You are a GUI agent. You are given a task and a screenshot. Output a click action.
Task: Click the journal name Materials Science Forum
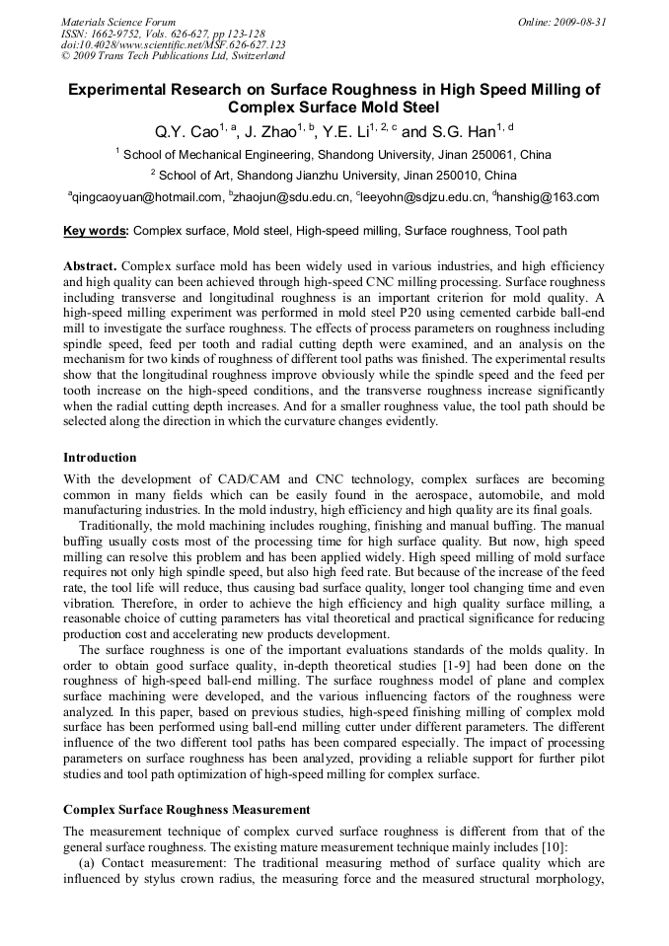click(118, 22)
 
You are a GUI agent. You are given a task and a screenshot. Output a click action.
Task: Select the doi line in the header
click(173, 44)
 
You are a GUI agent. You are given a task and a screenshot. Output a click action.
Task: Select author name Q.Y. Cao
click(186, 132)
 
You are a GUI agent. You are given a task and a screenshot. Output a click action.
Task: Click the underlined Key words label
click(96, 233)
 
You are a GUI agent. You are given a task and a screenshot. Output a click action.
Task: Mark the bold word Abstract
click(90, 267)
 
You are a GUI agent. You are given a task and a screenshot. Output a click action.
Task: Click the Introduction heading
click(100, 458)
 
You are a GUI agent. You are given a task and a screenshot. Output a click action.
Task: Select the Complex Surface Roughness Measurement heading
click(186, 809)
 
